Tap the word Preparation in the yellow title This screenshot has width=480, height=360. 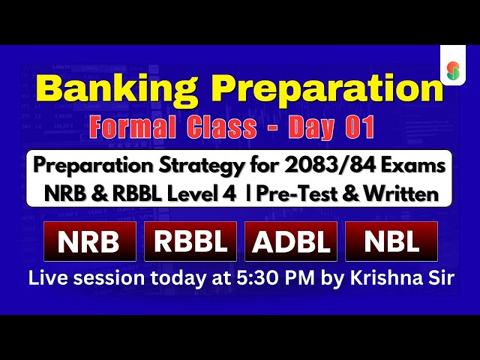pos(318,88)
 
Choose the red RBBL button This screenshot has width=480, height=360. pos(190,241)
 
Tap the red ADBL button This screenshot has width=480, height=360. pos(292,241)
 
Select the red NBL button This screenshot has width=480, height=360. pos(391,241)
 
